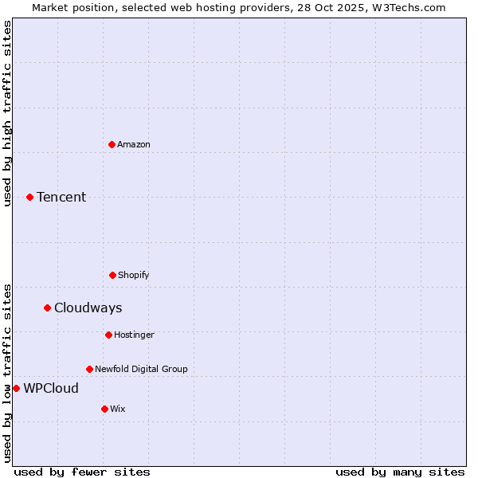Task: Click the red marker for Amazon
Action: coord(112,144)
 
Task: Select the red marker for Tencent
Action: coord(29,197)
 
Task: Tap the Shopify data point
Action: coord(112,275)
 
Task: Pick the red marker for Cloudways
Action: coord(47,308)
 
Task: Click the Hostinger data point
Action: coord(108,335)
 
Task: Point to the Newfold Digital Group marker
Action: coord(89,369)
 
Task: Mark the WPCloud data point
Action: coord(16,388)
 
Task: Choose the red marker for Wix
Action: coord(104,409)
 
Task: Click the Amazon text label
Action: coord(134,144)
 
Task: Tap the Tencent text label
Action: coord(61,197)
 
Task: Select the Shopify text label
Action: coord(134,275)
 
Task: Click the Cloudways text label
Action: coord(88,308)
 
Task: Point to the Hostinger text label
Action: coord(134,335)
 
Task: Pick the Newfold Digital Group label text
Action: coord(141,369)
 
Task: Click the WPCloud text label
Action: coord(51,388)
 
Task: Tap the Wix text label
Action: coord(118,409)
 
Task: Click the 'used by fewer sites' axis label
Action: coord(82,472)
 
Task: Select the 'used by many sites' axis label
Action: coord(400,472)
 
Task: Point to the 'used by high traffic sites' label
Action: coord(7,113)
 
